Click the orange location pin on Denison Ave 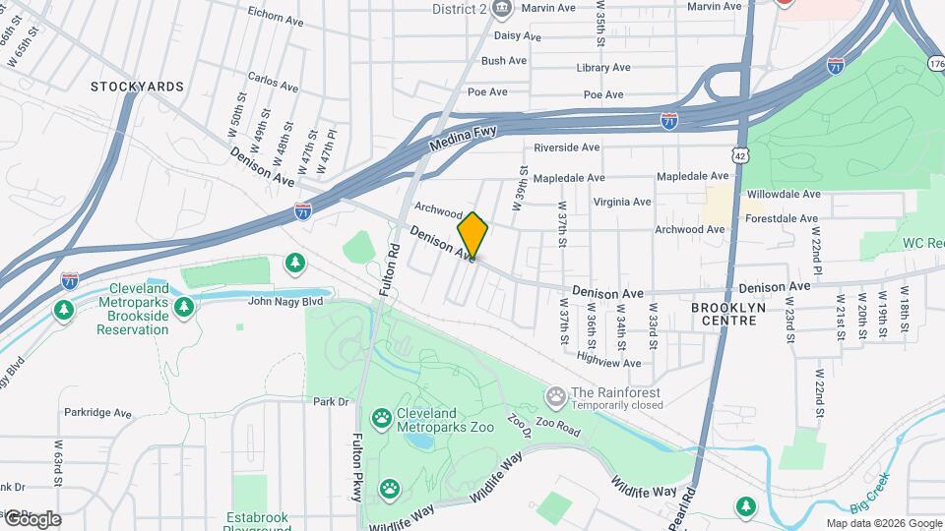472,236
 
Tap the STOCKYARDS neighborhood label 137,87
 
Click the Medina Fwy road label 464,138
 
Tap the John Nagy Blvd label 285,302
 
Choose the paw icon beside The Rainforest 556,397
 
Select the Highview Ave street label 609,363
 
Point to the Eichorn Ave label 276,16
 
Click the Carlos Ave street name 273,81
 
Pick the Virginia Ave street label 621,202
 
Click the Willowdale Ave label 783,195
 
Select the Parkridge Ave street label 97,414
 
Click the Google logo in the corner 32,518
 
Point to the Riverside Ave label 566,147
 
